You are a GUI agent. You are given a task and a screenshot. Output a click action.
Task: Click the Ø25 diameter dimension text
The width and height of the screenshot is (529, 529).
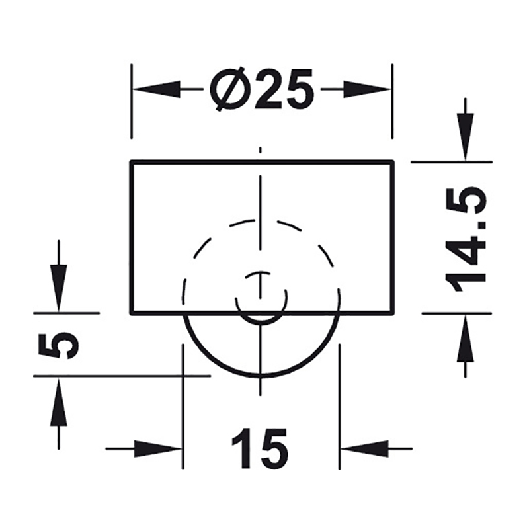(x=262, y=89)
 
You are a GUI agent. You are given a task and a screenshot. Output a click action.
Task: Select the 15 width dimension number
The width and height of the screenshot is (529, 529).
(x=260, y=448)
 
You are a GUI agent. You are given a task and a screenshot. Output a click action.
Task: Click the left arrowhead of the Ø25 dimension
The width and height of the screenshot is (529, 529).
(x=156, y=89)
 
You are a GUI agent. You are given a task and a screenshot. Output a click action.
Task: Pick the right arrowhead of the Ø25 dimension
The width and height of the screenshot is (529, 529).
(x=367, y=89)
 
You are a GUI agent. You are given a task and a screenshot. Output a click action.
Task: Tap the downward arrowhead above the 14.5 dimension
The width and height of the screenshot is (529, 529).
(x=466, y=137)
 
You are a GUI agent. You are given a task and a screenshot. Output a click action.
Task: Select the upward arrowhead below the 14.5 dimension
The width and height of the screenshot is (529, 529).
(x=466, y=339)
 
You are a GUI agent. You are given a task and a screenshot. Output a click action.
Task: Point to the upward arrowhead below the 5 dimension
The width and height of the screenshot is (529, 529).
(x=59, y=401)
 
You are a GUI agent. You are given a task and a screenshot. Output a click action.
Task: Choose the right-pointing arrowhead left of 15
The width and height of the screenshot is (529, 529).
(x=158, y=449)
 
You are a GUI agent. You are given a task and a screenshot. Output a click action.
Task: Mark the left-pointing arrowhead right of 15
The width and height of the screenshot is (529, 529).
(x=364, y=449)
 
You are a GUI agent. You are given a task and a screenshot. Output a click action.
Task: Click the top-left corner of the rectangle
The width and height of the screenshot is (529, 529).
(x=132, y=162)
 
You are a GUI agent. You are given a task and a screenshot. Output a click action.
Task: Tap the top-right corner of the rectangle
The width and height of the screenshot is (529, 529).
(x=393, y=162)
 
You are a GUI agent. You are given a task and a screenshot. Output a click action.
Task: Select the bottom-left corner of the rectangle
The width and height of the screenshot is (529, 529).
(x=132, y=313)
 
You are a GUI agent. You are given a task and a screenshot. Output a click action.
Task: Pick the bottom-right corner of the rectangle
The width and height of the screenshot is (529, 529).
(x=393, y=313)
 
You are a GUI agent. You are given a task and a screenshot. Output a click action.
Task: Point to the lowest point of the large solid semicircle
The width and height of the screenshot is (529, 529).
(x=261, y=376)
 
